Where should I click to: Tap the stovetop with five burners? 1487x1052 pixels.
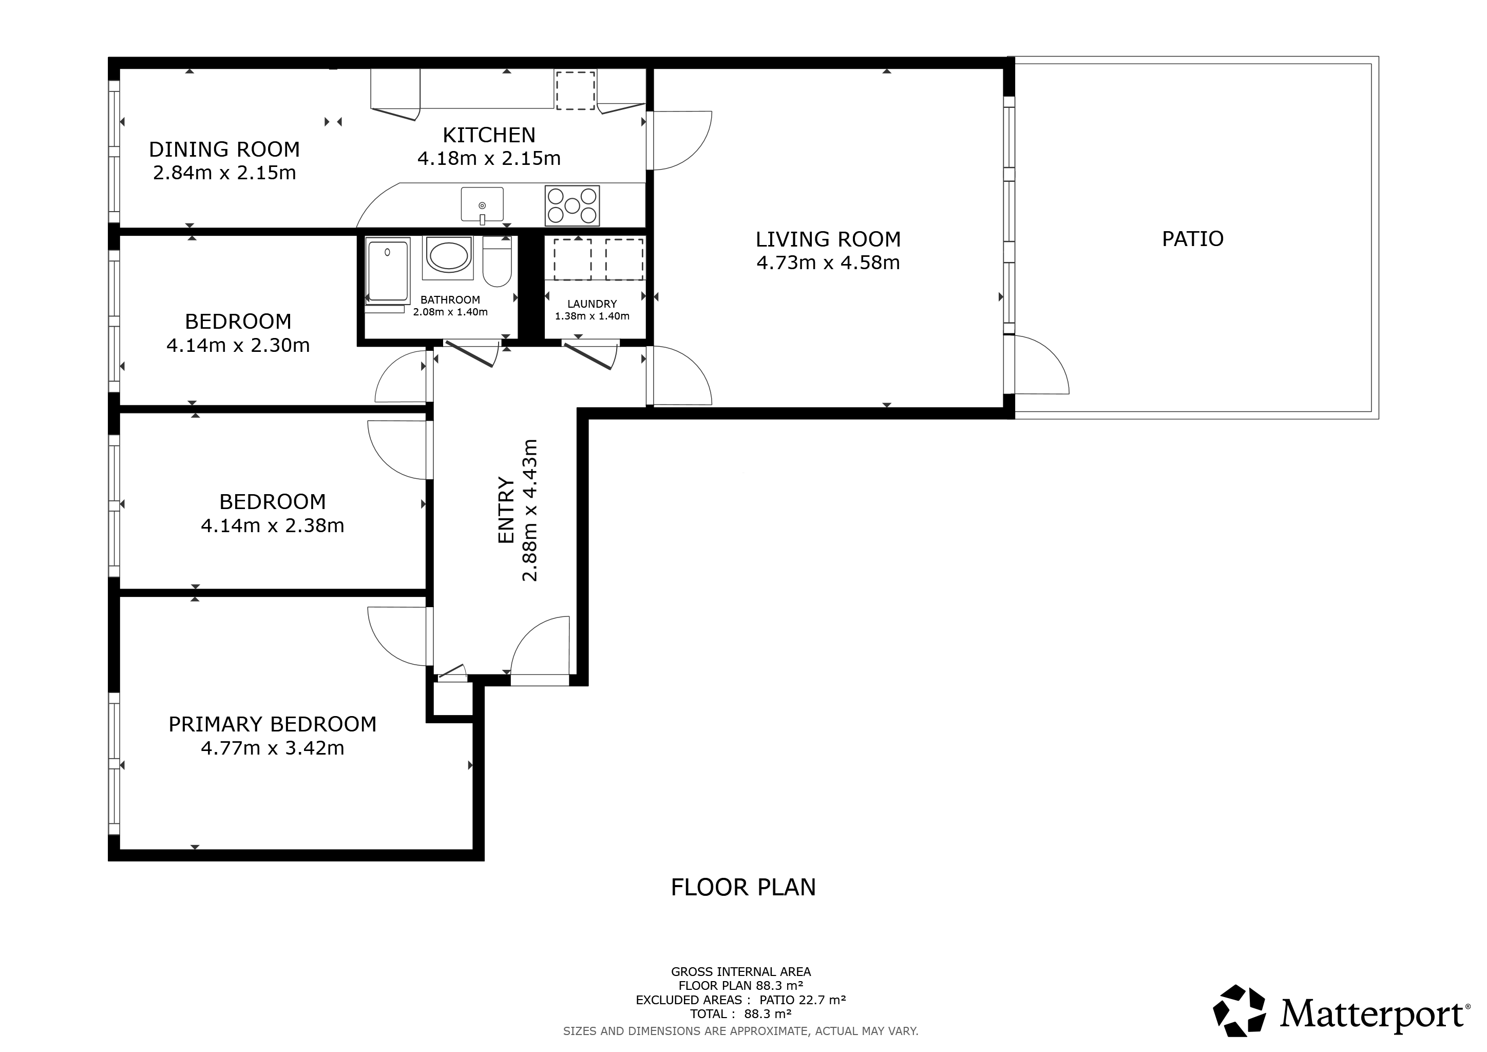point(573,206)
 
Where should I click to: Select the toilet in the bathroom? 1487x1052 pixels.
point(498,261)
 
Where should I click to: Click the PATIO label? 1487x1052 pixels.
point(1193,239)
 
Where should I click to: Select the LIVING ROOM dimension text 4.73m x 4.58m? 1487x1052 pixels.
point(828,263)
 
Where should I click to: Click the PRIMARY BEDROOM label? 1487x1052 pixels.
point(273,724)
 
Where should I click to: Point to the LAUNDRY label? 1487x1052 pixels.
point(592,304)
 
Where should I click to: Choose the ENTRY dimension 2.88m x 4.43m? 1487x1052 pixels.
point(530,511)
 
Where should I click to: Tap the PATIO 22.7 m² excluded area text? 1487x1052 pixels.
point(803,1000)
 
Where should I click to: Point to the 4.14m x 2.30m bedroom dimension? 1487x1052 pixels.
point(238,345)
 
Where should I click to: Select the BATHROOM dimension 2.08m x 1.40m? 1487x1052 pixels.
point(451,312)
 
